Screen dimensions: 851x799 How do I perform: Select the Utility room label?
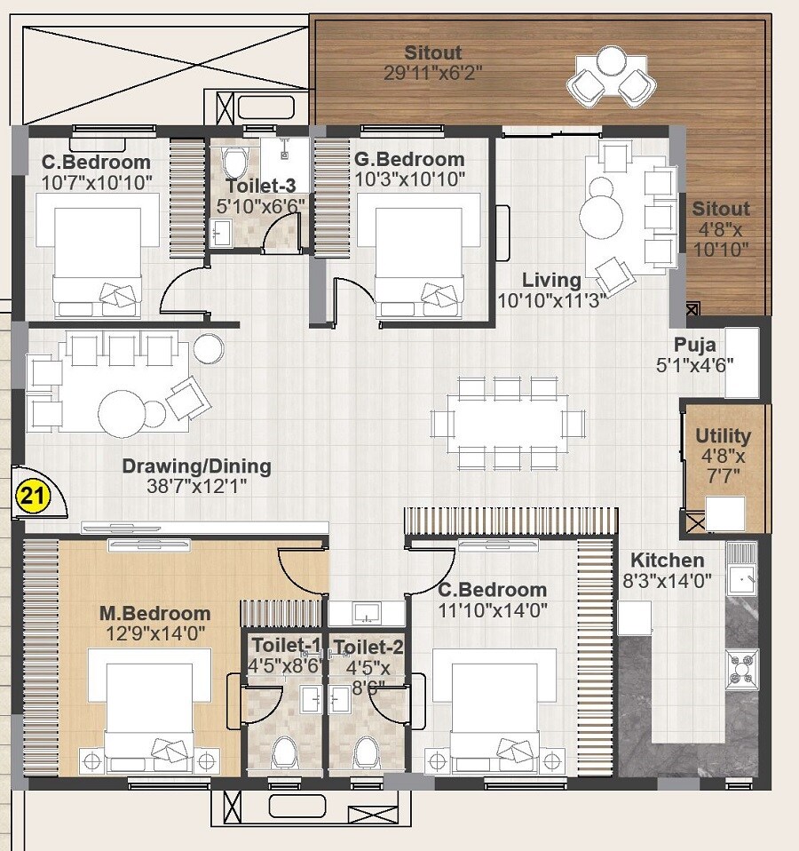[x=723, y=436]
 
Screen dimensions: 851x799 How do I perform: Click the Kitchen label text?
[x=667, y=561]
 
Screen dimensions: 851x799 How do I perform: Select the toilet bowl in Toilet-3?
[x=235, y=162]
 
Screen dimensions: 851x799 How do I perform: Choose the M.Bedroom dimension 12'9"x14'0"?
[x=154, y=633]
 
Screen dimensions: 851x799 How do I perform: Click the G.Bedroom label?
[x=408, y=160]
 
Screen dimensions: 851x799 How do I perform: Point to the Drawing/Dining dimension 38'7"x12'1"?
[x=196, y=486]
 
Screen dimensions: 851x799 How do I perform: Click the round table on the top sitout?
[x=610, y=61]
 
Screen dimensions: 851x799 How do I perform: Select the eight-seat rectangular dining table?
[x=508, y=422]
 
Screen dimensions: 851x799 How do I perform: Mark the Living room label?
[x=551, y=280]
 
